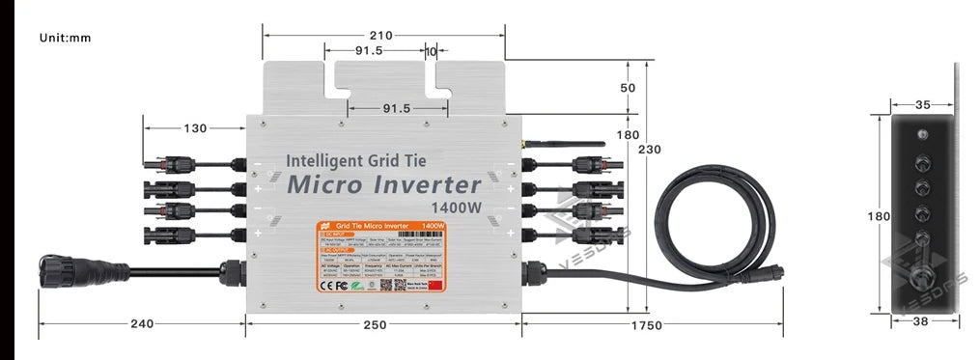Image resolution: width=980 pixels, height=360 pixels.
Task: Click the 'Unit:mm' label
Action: click(65, 38)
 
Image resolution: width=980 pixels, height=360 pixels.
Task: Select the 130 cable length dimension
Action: click(195, 127)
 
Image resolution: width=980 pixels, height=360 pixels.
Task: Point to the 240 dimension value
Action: click(142, 324)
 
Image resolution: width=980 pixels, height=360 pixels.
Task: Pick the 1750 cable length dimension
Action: click(641, 325)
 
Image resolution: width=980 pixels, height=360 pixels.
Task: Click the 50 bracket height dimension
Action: click(629, 88)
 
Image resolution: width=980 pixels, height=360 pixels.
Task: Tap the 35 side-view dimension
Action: click(921, 104)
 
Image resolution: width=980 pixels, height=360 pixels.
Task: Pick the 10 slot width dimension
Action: click(431, 50)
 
